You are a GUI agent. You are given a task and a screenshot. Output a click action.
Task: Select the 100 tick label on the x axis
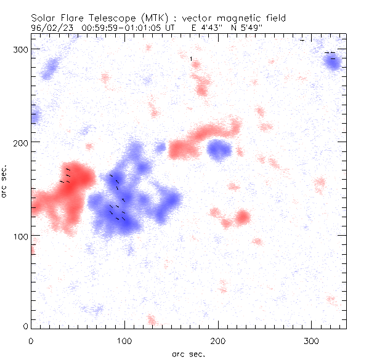[124, 340]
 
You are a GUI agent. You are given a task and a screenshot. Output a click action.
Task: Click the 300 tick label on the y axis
[22, 49]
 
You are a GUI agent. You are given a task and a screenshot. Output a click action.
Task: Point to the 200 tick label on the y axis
[22, 142]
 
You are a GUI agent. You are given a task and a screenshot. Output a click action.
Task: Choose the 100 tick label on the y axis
[22, 236]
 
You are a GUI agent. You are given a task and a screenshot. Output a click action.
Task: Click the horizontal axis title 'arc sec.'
[188, 353]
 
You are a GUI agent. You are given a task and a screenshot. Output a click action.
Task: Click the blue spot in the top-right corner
[333, 62]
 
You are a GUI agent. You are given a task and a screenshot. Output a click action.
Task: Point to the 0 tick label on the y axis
[26, 326]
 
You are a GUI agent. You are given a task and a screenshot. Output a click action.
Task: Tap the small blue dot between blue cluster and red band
[161, 147]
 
